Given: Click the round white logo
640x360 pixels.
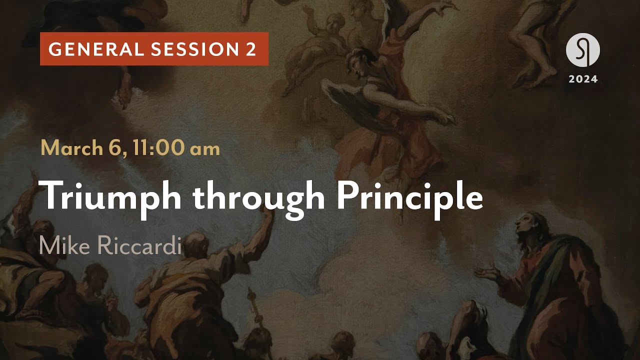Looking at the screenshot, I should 582,51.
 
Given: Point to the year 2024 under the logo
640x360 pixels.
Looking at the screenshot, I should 582,79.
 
